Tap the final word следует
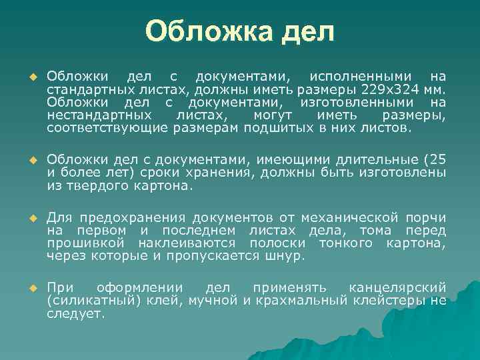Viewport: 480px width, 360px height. click(x=75, y=313)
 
